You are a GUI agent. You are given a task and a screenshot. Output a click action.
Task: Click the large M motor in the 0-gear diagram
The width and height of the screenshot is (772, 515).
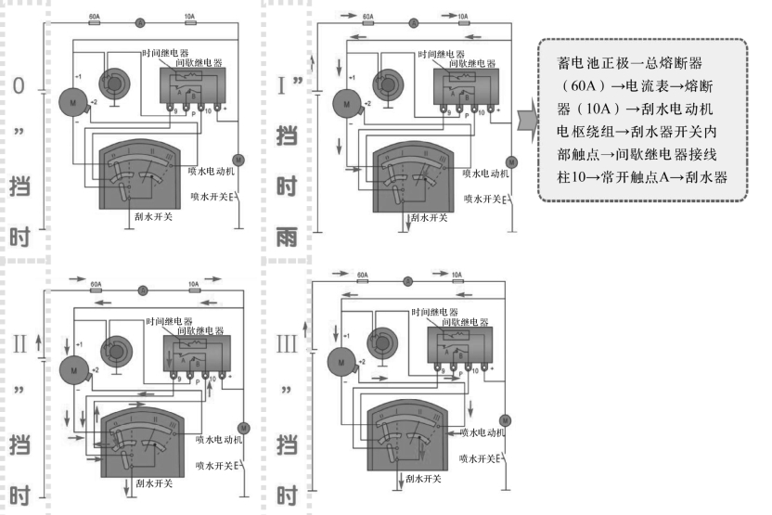click(71, 97)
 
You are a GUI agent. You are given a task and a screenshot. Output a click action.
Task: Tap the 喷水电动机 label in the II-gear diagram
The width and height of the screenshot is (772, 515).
click(218, 437)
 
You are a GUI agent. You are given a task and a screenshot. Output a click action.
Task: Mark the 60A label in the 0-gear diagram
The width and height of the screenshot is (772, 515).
click(94, 16)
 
